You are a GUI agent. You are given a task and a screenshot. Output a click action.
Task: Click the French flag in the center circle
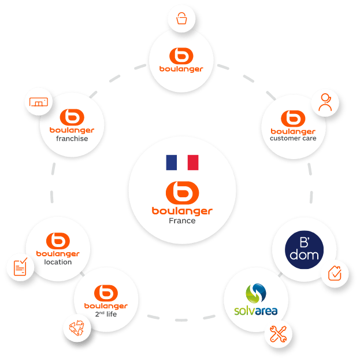[182, 163]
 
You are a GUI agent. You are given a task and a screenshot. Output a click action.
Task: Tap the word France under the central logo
[182, 221]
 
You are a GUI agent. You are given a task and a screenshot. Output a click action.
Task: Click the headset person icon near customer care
[325, 102]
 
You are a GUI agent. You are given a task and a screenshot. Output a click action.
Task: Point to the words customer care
[293, 138]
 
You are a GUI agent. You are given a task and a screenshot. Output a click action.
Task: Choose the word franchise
[72, 139]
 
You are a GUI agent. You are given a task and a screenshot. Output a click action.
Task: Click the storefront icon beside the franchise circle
[39, 103]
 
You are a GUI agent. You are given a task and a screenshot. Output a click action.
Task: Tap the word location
[58, 262]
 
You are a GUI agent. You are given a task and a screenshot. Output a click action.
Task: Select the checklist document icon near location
[20, 267]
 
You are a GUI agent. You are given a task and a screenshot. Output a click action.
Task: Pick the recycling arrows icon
[76, 328]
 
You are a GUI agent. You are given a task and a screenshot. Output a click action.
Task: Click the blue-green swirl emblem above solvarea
[256, 292]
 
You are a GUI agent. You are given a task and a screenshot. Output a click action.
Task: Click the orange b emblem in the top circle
[182, 57]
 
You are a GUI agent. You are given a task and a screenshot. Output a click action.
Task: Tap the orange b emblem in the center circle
[182, 192]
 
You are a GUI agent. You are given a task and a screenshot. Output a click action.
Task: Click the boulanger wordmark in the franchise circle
[72, 130]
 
